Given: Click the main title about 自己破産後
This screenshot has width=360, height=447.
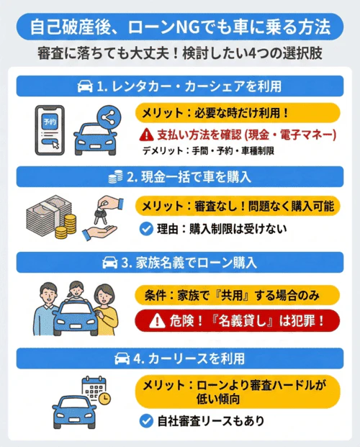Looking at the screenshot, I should [x=180, y=28].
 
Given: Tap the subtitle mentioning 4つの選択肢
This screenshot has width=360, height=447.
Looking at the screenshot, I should [x=180, y=55].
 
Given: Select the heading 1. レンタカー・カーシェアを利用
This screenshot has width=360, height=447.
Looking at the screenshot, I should [x=180, y=86].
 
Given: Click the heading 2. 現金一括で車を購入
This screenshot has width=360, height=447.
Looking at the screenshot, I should [x=180, y=176].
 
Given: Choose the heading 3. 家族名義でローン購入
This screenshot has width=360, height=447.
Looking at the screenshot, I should [x=180, y=263].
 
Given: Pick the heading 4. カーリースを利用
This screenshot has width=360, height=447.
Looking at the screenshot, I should [x=180, y=357].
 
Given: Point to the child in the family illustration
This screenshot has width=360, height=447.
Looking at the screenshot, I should [x=73, y=294].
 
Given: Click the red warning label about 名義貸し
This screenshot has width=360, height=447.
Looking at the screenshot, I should [x=238, y=322].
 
